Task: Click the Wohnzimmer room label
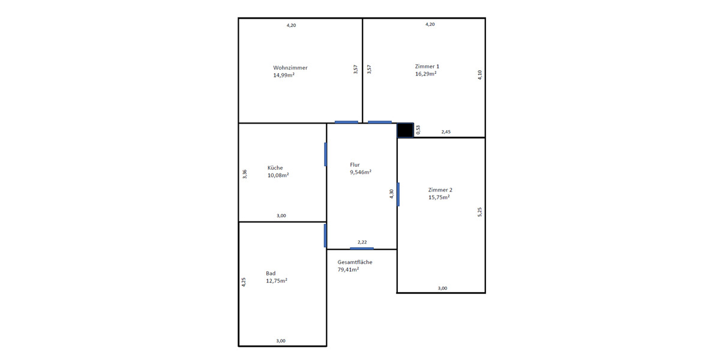tap(290, 68)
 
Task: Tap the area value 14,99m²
tap(283, 75)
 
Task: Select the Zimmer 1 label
tap(427, 66)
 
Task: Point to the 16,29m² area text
tap(425, 74)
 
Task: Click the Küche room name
tap(275, 168)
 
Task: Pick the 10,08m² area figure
tap(278, 175)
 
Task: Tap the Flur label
tap(356, 164)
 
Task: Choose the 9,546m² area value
tap(361, 172)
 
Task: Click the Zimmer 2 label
tap(440, 190)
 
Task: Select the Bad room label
tap(271, 273)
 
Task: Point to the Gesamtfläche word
tap(355, 262)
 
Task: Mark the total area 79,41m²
tap(348, 269)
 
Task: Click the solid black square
tap(406, 130)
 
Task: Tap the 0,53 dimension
tap(418, 130)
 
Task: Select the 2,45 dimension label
tap(446, 132)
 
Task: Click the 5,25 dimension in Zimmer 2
tap(479, 212)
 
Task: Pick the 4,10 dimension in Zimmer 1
tap(479, 75)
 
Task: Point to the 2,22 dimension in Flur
tap(362, 242)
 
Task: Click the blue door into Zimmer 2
tap(398, 194)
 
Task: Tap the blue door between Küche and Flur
tap(326, 154)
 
